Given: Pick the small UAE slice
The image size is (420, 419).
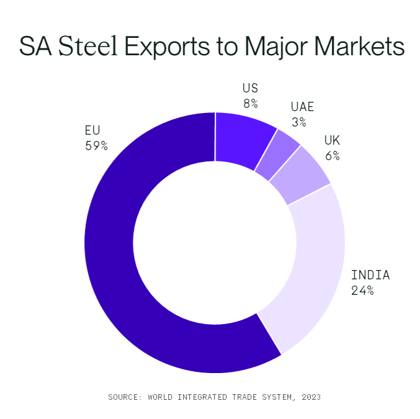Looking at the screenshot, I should click(276, 155).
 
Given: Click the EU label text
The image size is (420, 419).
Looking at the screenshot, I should click(92, 131).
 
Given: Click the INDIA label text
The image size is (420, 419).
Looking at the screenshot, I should click(370, 275).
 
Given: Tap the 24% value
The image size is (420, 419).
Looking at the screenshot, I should click(362, 290).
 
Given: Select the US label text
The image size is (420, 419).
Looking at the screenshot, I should click(250, 88).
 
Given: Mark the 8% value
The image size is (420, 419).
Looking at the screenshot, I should click(251, 103).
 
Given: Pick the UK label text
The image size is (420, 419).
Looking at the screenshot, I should click(332, 140).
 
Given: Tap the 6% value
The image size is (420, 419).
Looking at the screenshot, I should click(333, 155).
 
